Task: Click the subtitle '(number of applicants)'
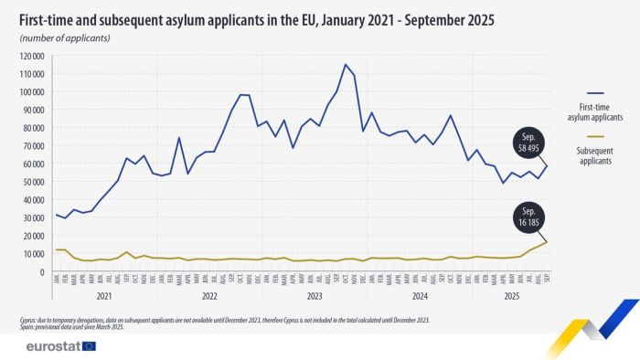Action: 65,37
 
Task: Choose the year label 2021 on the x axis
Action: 103,298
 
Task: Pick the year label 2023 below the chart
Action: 314,298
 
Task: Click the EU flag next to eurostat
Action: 89,346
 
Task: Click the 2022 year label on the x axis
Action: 208,298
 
